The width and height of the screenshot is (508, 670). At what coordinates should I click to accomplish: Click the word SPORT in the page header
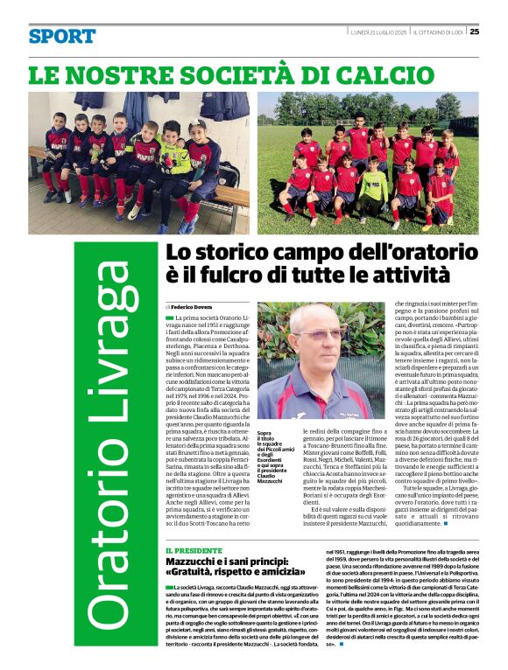[62, 36]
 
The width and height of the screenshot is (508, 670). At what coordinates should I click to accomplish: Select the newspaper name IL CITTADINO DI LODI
[439, 32]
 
